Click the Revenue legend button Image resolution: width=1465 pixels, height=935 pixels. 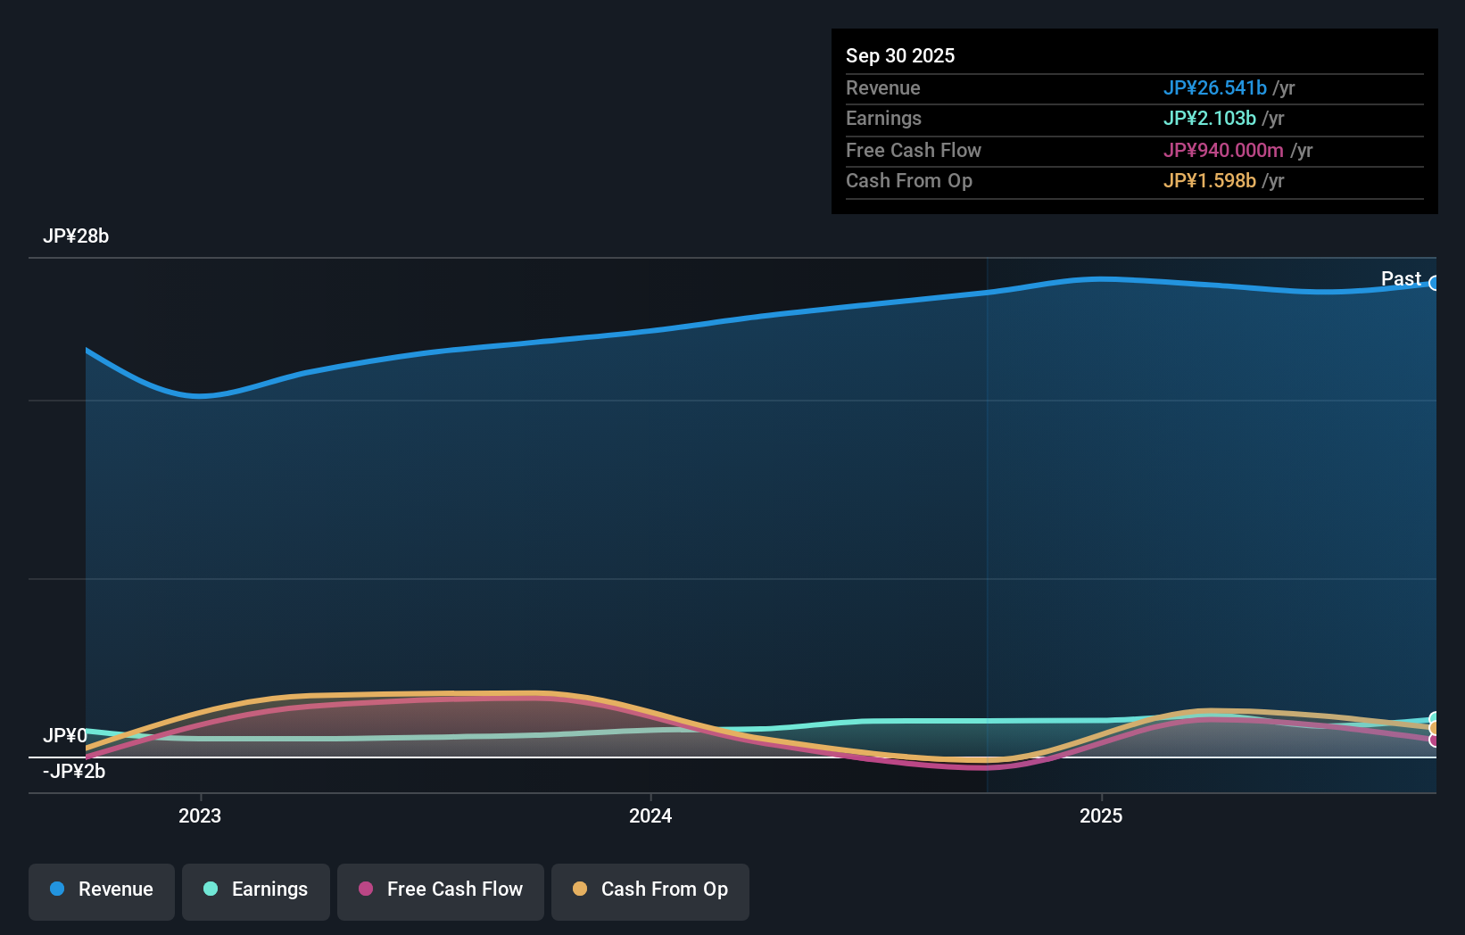click(x=102, y=890)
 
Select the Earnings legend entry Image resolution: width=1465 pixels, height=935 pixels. click(x=256, y=890)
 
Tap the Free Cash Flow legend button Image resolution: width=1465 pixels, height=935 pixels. click(x=441, y=890)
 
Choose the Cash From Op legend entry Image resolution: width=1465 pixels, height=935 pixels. click(x=650, y=890)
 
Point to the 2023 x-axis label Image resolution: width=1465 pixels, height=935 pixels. click(x=200, y=815)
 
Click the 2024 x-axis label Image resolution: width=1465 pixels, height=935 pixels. click(x=650, y=815)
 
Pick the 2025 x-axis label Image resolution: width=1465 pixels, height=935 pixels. click(x=1101, y=815)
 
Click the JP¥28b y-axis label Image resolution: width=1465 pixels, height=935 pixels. click(x=76, y=236)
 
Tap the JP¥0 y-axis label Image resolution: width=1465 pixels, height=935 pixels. click(x=65, y=736)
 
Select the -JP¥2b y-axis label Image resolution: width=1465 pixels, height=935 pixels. click(x=74, y=772)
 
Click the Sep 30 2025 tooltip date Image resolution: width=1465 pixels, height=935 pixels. click(x=900, y=55)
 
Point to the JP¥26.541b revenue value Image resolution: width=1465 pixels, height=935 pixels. click(x=1214, y=87)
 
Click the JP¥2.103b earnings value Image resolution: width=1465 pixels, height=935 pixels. click(x=1209, y=119)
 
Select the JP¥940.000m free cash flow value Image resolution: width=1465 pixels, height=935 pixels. click(x=1222, y=150)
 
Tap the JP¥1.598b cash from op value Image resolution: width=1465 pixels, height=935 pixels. click(x=1209, y=181)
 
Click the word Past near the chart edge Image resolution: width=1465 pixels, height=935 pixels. click(x=1401, y=279)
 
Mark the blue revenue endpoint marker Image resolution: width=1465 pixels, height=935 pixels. click(x=1435, y=284)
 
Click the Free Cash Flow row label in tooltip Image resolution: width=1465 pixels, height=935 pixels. click(x=913, y=150)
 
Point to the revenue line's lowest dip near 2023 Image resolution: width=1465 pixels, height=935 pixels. click(x=201, y=395)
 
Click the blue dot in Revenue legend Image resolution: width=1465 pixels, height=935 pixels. click(x=57, y=889)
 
